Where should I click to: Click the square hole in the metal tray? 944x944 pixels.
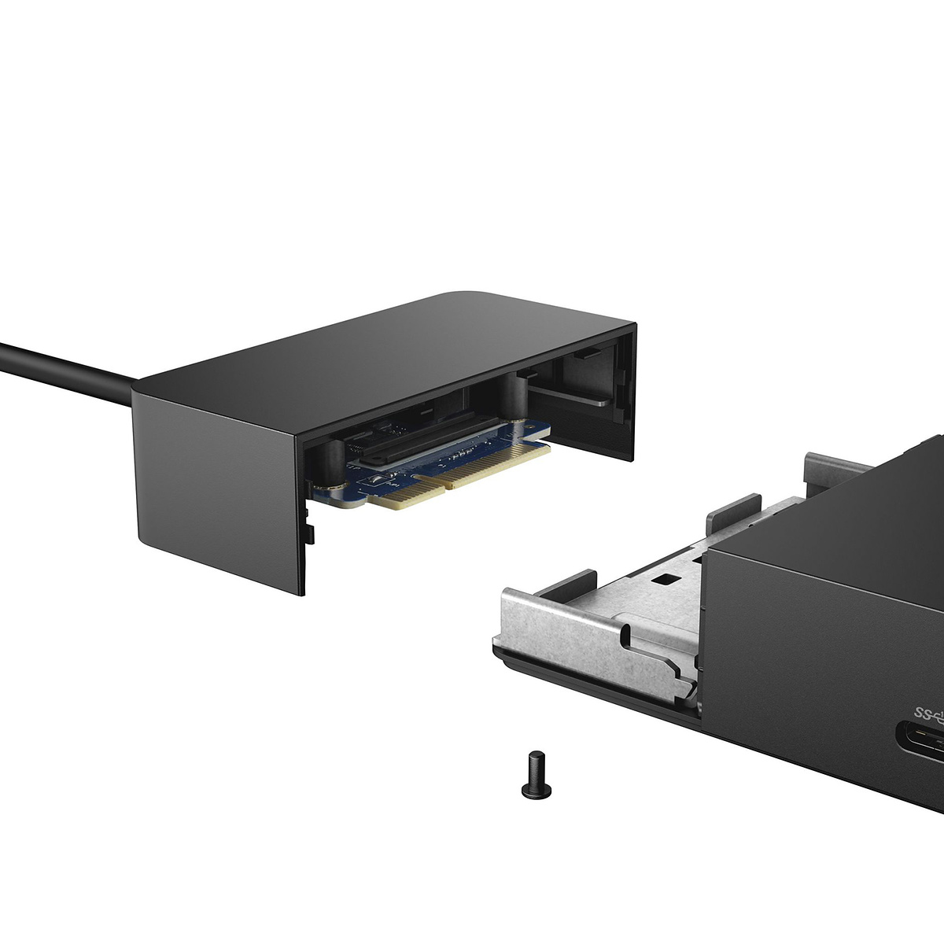click(668, 579)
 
